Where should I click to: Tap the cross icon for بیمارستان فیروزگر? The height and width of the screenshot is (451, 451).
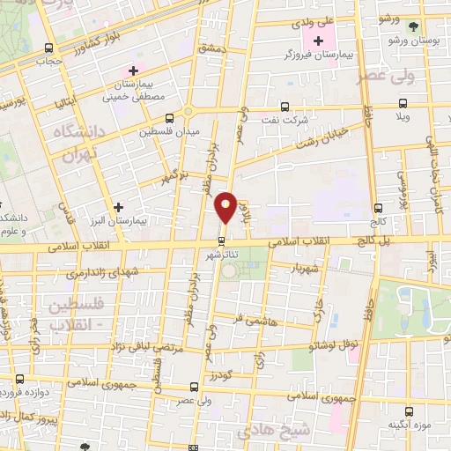318,41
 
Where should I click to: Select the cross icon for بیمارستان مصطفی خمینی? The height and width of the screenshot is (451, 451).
133,70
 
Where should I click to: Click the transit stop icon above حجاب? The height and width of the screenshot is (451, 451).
48,48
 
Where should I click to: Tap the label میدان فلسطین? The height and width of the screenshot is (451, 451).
170,132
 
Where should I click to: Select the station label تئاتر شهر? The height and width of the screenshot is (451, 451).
222,256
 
